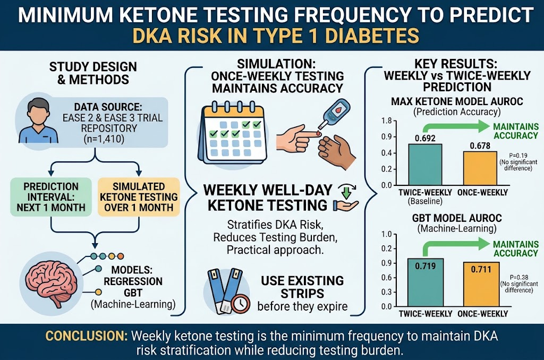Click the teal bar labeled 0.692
[x=425, y=165]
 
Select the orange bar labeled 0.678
[x=480, y=168]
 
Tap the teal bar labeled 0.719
[x=425, y=282]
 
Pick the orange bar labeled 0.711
[x=481, y=285]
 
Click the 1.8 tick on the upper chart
[x=386, y=121]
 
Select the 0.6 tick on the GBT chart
[x=386, y=278]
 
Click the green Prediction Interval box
[x=51, y=197]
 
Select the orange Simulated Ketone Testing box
[x=139, y=197]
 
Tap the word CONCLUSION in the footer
[x=87, y=336]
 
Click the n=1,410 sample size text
[x=104, y=139]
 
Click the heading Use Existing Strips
[x=302, y=287]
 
